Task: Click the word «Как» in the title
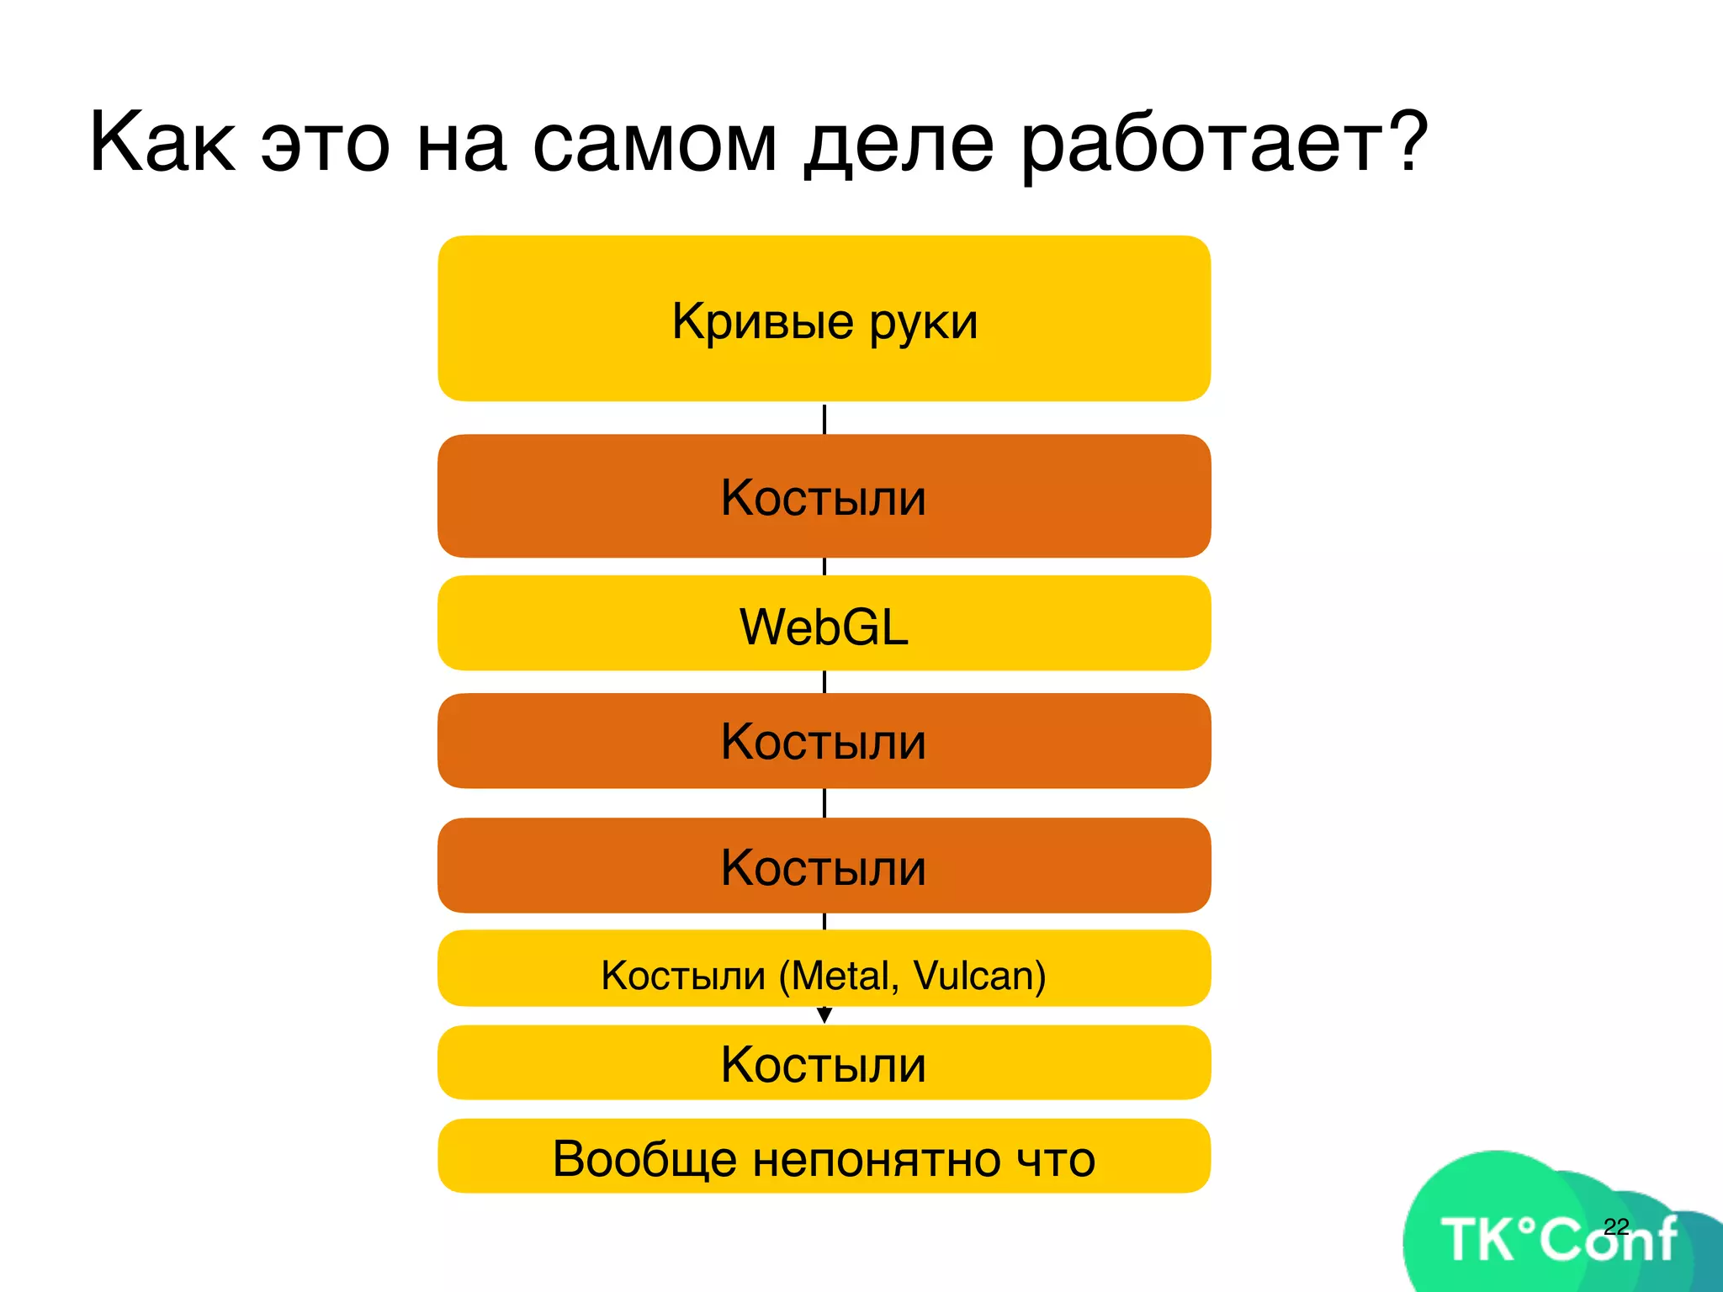(162, 143)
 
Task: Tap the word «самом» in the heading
(655, 143)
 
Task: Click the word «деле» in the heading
(899, 143)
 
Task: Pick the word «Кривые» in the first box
(762, 321)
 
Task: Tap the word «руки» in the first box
(924, 323)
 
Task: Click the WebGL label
(824, 627)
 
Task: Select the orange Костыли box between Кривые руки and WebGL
(824, 496)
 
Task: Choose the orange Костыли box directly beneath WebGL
(824, 741)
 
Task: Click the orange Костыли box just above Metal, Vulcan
(824, 866)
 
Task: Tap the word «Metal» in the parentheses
(845, 976)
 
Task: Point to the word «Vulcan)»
(980, 976)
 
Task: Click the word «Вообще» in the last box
(644, 1159)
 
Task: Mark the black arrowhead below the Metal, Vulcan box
(824, 1016)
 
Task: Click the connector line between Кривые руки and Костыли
(824, 419)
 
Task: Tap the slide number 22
(1616, 1226)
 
